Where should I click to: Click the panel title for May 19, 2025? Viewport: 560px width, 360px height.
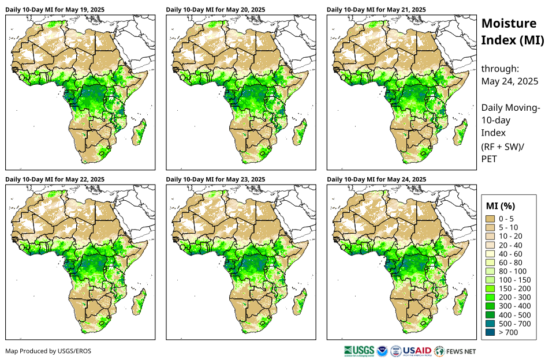click(55, 10)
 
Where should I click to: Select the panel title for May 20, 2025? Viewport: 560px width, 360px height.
click(215, 10)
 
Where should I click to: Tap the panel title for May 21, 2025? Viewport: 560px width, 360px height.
click(376, 10)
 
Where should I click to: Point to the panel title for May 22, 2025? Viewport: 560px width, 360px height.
click(55, 179)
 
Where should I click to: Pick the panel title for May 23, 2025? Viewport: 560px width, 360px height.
click(215, 179)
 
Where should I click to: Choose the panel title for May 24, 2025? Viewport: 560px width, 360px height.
click(376, 179)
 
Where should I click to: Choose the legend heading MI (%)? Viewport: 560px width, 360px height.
click(501, 206)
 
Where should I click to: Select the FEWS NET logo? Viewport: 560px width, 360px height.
click(456, 350)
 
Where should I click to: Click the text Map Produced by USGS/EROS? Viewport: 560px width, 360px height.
click(48, 351)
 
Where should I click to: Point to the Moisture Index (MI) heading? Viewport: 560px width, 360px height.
click(512, 32)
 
